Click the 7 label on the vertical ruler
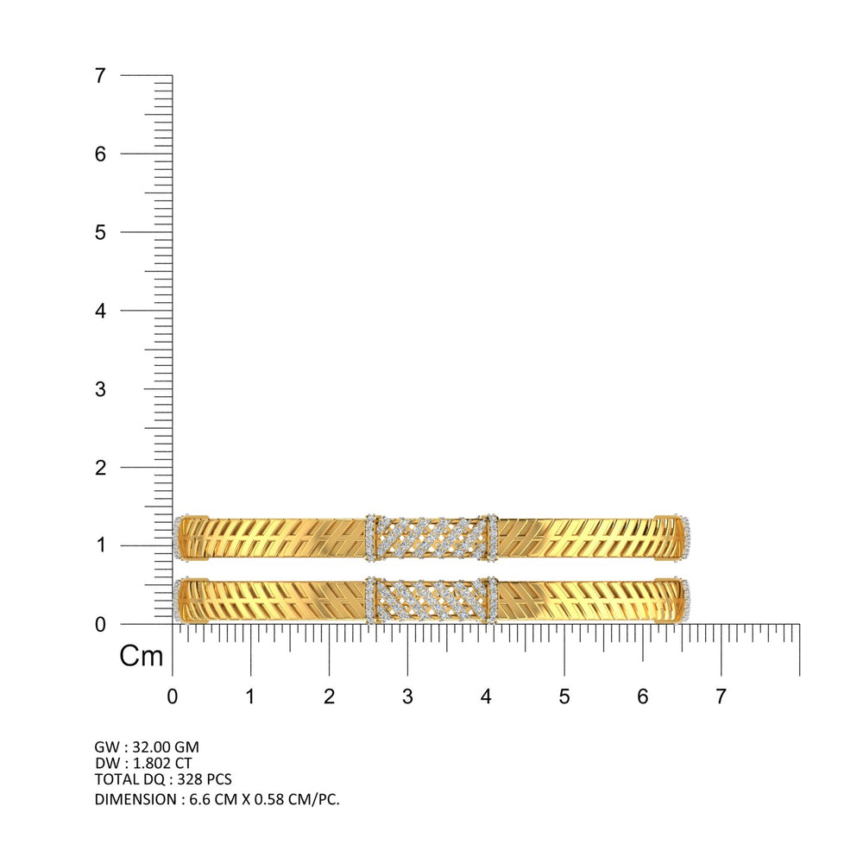pyautogui.click(x=99, y=75)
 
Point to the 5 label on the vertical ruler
pyautogui.click(x=99, y=232)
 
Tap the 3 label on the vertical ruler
pyautogui.click(x=99, y=389)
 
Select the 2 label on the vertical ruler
pyautogui.click(x=99, y=468)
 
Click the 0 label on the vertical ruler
pyautogui.click(x=99, y=625)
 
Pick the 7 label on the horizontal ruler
pyautogui.click(x=721, y=696)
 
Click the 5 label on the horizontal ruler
pyautogui.click(x=564, y=696)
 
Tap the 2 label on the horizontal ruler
pyautogui.click(x=329, y=696)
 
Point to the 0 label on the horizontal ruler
pyautogui.click(x=173, y=696)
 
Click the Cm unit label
pyautogui.click(x=142, y=656)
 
